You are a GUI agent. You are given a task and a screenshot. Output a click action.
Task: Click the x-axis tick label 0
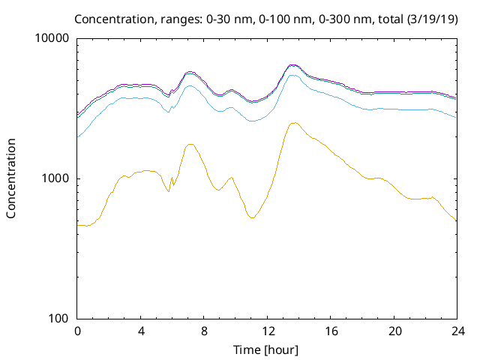point(77,331)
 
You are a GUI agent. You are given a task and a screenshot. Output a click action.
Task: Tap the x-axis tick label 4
point(141,331)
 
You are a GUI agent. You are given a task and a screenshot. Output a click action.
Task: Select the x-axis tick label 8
point(204,331)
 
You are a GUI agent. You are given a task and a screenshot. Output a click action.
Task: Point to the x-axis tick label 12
point(267,331)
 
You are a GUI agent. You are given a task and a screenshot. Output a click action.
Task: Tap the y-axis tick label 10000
point(52,38)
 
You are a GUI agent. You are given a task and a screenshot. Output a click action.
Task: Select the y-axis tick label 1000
point(55,178)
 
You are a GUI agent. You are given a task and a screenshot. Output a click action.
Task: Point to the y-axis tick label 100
point(58,318)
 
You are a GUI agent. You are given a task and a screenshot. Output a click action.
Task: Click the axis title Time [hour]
point(267,349)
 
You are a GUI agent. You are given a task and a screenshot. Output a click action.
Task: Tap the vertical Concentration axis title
point(11,178)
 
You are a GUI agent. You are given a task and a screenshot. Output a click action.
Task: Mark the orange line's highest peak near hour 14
point(295,122)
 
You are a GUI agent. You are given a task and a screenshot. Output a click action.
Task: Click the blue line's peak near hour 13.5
point(292,75)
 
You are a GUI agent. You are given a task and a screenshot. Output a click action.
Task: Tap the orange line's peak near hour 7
point(190,144)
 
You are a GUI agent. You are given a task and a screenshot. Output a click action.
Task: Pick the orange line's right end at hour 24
point(456,220)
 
